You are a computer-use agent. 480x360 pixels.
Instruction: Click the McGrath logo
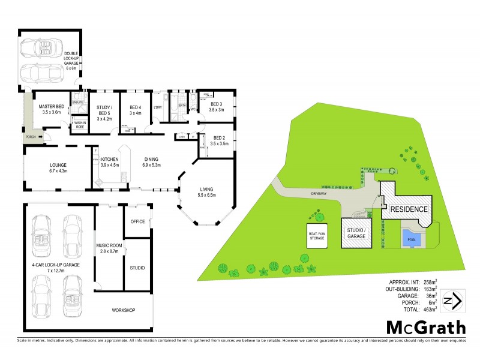(425, 328)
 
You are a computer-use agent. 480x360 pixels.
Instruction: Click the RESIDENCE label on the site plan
(410, 209)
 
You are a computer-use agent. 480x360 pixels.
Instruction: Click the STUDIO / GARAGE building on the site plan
(356, 233)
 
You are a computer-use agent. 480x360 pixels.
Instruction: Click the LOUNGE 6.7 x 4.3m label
(58, 167)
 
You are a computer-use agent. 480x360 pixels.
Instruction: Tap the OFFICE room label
(137, 222)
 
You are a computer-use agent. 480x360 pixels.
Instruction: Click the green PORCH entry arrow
(42, 137)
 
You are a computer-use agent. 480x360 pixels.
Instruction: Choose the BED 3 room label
(216, 107)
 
